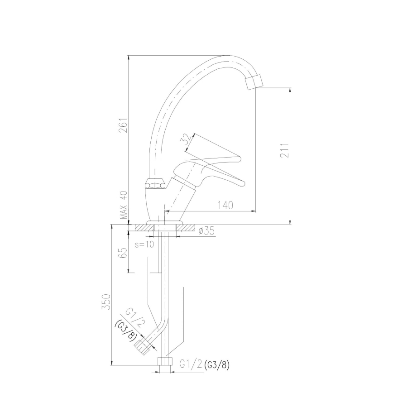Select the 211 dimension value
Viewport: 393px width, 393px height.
coord(284,149)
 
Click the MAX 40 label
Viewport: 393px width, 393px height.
coord(123,205)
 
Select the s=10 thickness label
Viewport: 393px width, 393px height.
coord(145,244)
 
